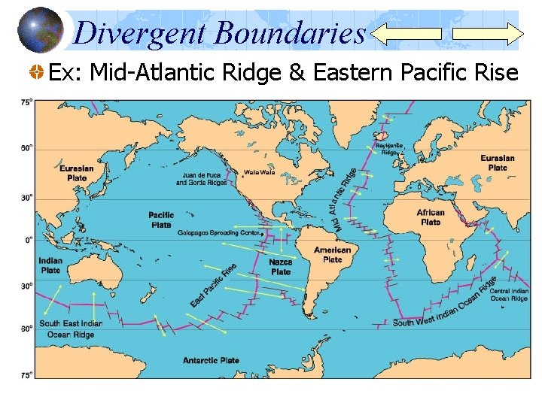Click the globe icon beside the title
(40, 31)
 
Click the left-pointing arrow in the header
(407, 33)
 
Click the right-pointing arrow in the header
(487, 34)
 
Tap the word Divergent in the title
(140, 32)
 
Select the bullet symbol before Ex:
(36, 73)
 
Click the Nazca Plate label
(281, 266)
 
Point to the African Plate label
(431, 217)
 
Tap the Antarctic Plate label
(211, 360)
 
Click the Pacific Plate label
(161, 220)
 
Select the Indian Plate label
(50, 265)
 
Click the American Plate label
(332, 254)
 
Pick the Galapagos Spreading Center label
(219, 233)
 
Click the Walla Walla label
(259, 172)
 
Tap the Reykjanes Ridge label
(389, 148)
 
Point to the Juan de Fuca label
(200, 178)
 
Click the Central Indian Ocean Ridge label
(509, 295)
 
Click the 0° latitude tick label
(27, 240)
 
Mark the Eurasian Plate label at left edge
(77, 173)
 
